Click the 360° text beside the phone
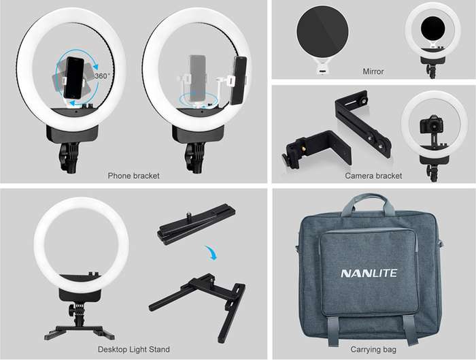[103, 76]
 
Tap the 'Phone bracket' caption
[134, 176]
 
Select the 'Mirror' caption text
[373, 71]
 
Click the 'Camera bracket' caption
[373, 176]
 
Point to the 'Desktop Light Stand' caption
[135, 349]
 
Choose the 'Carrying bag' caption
[373, 349]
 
